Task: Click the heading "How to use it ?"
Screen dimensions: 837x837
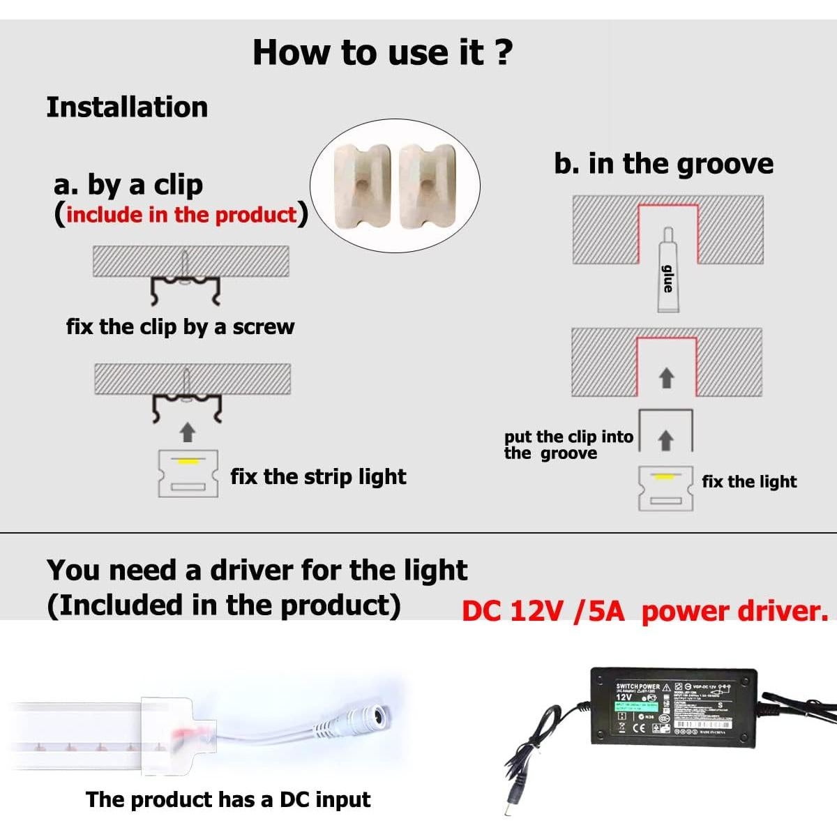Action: click(x=382, y=52)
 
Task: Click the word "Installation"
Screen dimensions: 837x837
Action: click(x=127, y=107)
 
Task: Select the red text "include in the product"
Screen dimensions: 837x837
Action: click(x=181, y=215)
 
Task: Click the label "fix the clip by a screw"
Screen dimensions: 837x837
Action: click(x=180, y=326)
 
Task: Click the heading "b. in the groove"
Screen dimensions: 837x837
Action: click(x=663, y=164)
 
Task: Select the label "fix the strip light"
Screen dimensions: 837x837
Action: click(x=318, y=476)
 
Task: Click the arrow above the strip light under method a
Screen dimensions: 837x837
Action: click(x=187, y=432)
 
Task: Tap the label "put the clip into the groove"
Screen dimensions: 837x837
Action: click(x=568, y=445)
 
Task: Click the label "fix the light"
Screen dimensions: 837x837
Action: click(x=749, y=481)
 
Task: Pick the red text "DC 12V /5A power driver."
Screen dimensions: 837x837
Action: click(x=645, y=611)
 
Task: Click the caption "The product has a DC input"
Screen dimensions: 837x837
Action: click(x=228, y=799)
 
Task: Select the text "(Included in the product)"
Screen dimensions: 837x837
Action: click(x=224, y=605)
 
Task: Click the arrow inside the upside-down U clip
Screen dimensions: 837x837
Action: click(x=666, y=440)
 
